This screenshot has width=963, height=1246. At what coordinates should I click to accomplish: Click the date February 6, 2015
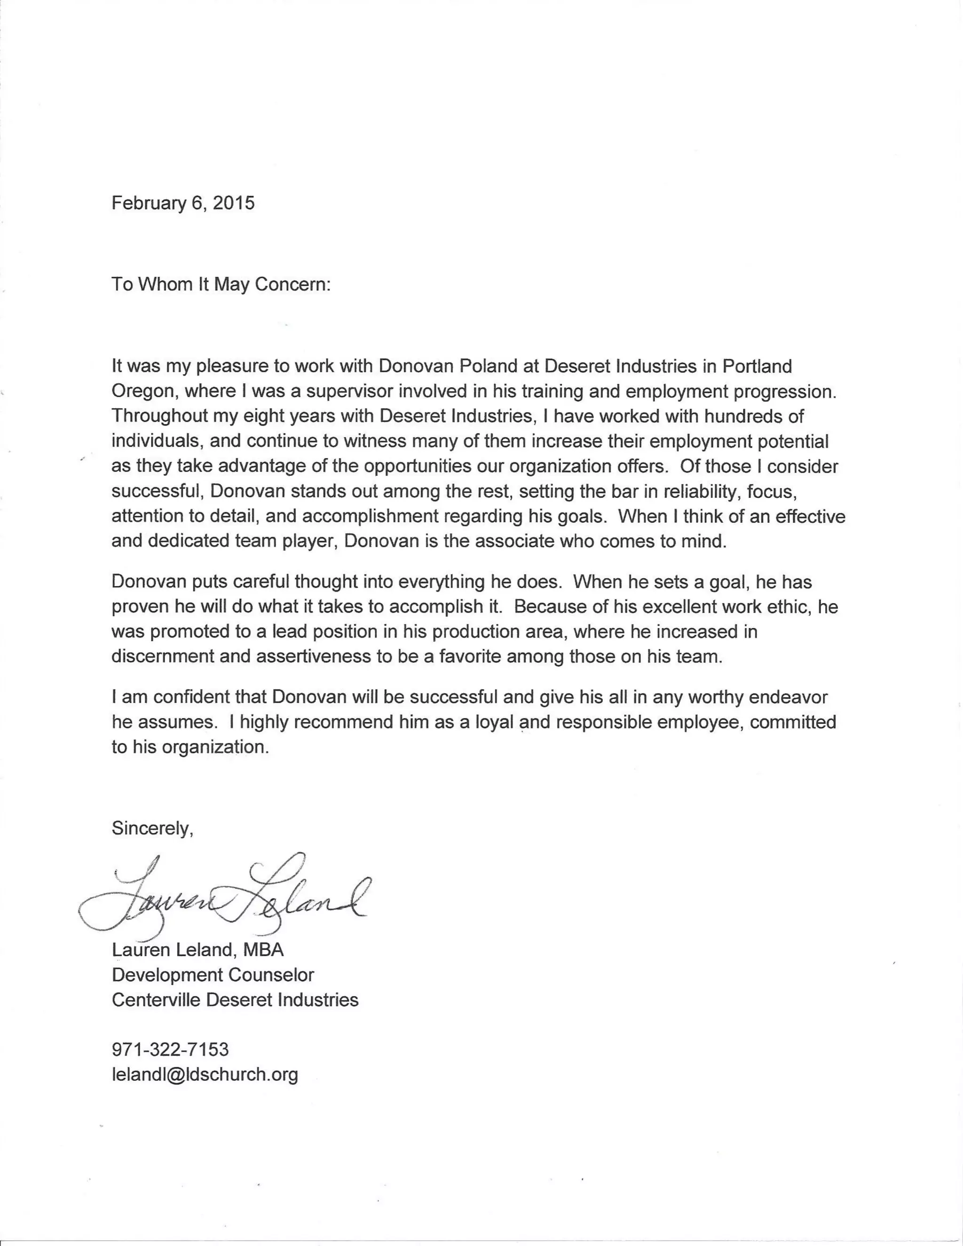point(182,203)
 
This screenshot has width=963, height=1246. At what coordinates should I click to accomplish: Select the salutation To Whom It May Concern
point(221,284)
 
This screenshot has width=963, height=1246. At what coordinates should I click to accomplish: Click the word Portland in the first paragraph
point(757,366)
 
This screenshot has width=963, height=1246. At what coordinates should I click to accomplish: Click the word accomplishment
point(370,516)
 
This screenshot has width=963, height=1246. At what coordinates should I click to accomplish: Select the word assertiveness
point(313,657)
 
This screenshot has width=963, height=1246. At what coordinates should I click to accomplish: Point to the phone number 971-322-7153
point(170,1049)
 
